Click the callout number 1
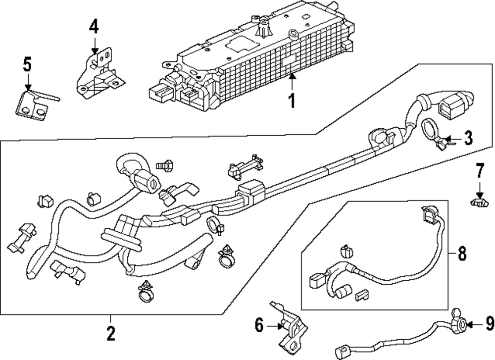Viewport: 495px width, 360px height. point(293,101)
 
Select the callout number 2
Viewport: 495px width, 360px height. point(110,333)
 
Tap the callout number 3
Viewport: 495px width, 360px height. point(468,138)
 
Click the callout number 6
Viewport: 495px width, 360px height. point(259,325)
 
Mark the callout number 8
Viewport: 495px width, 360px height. point(462,253)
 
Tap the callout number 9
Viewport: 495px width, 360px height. point(490,323)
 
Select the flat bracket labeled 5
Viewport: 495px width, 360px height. point(35,104)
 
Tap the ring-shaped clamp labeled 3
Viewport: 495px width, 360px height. point(434,134)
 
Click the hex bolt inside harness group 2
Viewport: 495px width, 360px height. point(165,165)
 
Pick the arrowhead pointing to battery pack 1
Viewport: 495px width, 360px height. point(293,76)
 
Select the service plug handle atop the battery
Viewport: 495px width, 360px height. point(263,27)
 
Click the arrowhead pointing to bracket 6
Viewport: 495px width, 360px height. point(280,326)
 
